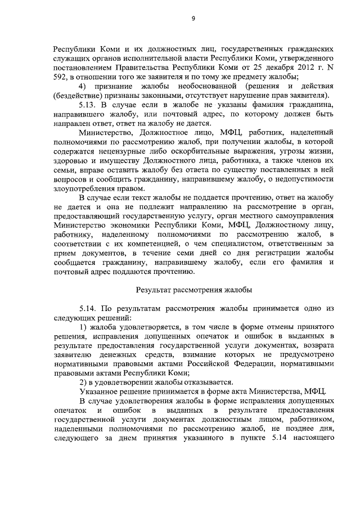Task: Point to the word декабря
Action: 254,68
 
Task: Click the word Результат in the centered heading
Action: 155,290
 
